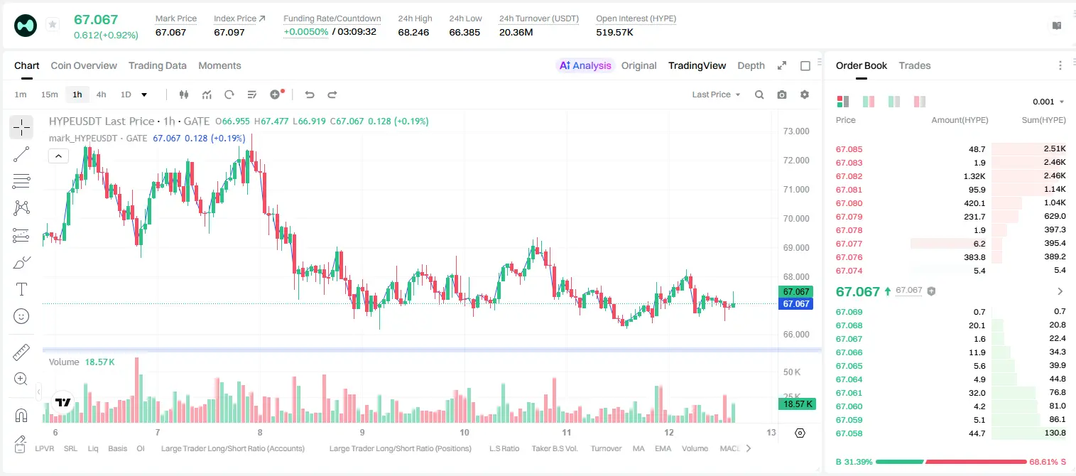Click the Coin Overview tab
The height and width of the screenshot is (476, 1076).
click(84, 66)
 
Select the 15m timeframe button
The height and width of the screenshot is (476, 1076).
click(50, 94)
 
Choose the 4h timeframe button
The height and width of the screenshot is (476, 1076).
click(101, 94)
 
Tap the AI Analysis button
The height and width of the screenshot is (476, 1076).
click(585, 66)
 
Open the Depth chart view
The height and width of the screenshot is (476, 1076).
click(751, 66)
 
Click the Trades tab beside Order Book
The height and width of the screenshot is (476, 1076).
click(915, 66)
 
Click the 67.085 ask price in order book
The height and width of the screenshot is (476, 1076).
click(849, 149)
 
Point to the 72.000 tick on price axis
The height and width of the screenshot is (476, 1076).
click(796, 161)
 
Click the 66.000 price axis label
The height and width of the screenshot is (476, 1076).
click(796, 335)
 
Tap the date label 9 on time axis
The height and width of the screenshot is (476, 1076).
click(362, 432)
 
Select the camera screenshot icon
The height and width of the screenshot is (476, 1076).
click(782, 94)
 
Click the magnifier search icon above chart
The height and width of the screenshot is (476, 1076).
click(759, 94)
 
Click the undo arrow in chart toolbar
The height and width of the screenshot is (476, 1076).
click(310, 94)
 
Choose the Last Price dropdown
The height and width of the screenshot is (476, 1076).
click(716, 94)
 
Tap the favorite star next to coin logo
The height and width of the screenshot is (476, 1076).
click(53, 24)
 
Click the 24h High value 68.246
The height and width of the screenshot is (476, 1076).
click(413, 32)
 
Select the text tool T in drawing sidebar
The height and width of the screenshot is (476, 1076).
click(21, 289)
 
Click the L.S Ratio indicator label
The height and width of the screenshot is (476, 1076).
click(504, 448)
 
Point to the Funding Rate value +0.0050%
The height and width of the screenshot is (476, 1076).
click(306, 32)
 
